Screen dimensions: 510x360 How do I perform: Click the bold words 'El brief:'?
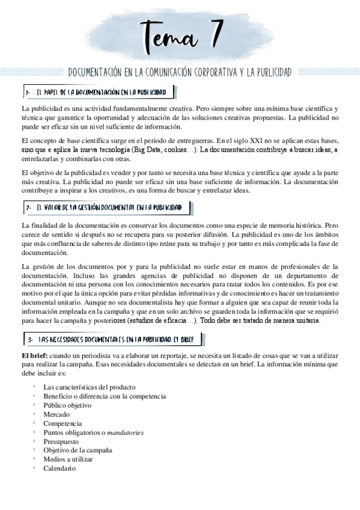pos(35,356)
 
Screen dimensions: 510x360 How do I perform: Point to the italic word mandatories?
pos(125,432)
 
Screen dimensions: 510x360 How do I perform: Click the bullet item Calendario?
pos(59,468)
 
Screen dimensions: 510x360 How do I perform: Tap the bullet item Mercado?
pos(56,414)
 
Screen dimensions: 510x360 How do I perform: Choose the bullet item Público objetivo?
pos(67,405)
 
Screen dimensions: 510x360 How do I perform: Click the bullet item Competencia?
pos(62,423)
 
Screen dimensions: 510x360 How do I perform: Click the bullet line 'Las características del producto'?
pos(89,387)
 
